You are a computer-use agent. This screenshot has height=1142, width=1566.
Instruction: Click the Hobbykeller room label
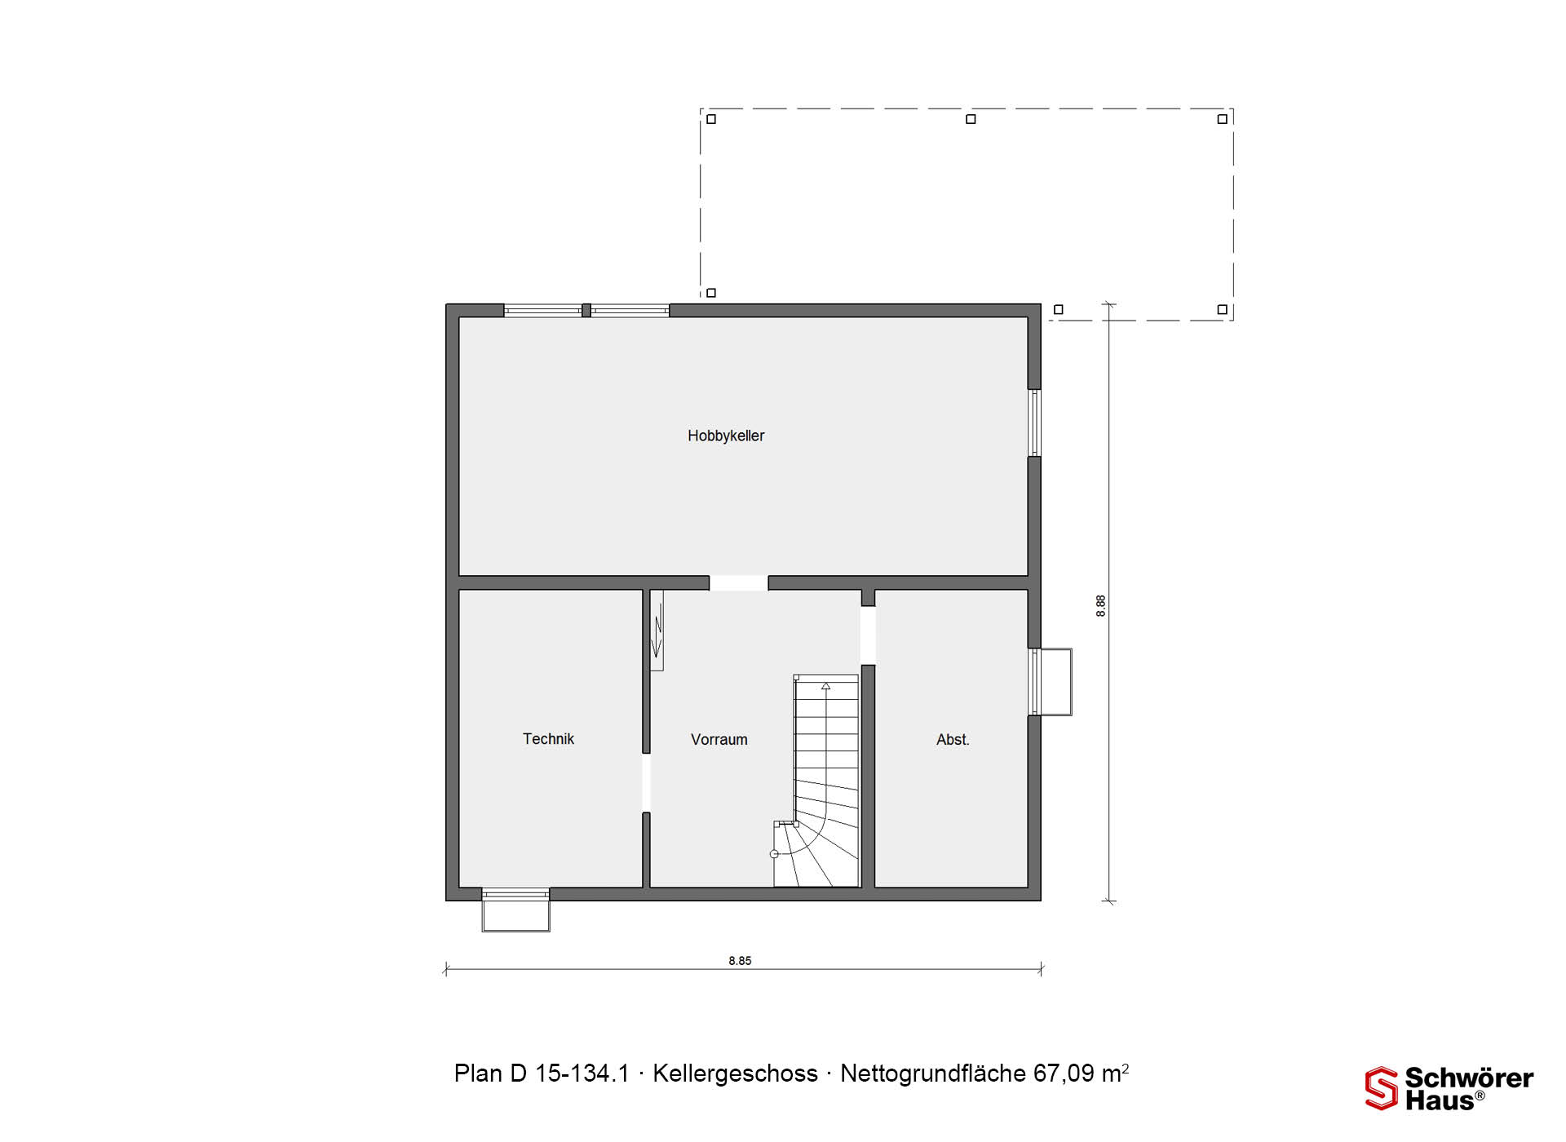[x=726, y=436]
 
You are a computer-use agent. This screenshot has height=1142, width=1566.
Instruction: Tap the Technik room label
[x=548, y=739]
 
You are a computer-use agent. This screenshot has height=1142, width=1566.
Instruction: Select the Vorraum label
[x=719, y=740]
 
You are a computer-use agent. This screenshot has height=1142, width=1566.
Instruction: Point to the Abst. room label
[x=953, y=740]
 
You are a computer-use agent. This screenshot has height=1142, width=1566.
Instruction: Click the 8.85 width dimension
[x=740, y=961]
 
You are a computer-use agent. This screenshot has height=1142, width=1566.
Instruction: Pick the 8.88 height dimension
[x=1101, y=606]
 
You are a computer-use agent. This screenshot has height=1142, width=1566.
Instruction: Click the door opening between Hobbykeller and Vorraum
[x=738, y=582]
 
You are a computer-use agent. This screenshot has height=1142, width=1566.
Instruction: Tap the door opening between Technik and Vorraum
[x=646, y=783]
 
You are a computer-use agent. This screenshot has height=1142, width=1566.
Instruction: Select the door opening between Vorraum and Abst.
[x=868, y=635]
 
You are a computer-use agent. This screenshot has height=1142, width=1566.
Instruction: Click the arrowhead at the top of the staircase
[x=825, y=686]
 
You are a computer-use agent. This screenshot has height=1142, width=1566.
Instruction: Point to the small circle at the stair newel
[x=774, y=854]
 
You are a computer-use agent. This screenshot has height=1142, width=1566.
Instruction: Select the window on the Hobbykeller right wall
[x=1034, y=423]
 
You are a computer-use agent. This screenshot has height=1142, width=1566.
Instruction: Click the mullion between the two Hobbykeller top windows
[x=586, y=310]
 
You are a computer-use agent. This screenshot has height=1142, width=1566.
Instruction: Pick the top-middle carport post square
[x=971, y=119]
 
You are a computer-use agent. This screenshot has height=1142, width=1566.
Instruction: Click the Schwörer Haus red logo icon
[x=1381, y=1088]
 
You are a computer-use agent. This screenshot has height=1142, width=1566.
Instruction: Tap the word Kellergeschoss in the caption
[x=735, y=1073]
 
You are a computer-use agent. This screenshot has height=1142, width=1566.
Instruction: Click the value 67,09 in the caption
[x=1064, y=1073]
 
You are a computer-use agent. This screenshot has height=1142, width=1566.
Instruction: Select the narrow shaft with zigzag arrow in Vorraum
[x=657, y=630]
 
